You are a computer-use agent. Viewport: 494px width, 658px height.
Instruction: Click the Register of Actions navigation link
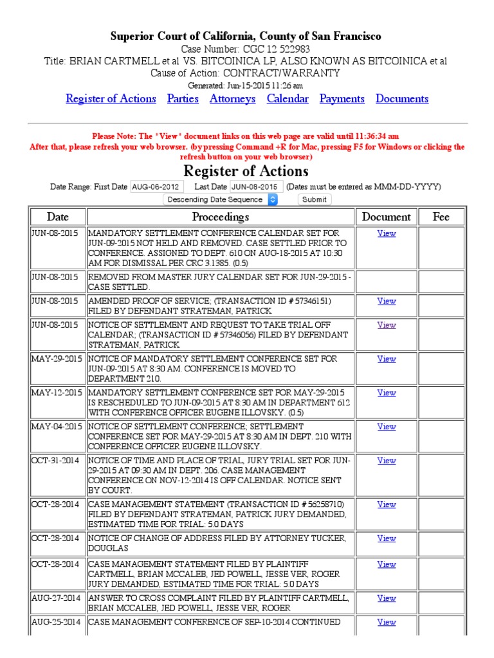coord(111,99)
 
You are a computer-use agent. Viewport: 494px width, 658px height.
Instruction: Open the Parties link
coord(183,99)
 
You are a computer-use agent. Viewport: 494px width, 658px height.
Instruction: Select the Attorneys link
coord(232,99)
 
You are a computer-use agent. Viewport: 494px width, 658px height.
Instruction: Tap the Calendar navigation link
coord(288,99)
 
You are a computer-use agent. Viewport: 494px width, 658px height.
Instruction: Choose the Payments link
coord(342,99)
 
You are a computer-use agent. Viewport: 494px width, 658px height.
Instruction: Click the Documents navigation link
coord(402,99)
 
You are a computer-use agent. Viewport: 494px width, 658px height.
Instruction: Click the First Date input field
coord(157,186)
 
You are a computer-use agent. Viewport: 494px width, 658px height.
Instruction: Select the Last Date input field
coord(256,186)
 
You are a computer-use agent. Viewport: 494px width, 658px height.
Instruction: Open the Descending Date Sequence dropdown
coord(221,199)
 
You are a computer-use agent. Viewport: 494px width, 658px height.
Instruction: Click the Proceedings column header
coord(221,217)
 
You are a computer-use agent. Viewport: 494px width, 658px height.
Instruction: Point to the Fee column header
coord(441,217)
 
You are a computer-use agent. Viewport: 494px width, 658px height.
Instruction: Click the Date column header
coord(57,217)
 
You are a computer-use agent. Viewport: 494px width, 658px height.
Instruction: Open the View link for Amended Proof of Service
coord(387,301)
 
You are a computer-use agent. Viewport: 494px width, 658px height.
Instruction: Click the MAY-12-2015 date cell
coord(57,393)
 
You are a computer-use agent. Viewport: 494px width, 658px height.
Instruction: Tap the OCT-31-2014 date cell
coord(57,461)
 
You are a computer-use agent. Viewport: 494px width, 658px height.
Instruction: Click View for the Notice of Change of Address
coord(387,538)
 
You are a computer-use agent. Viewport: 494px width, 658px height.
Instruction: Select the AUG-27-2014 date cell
coord(57,598)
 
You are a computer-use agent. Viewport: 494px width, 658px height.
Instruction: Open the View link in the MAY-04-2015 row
coord(387,427)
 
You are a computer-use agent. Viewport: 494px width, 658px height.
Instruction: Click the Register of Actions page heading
coord(246,171)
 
